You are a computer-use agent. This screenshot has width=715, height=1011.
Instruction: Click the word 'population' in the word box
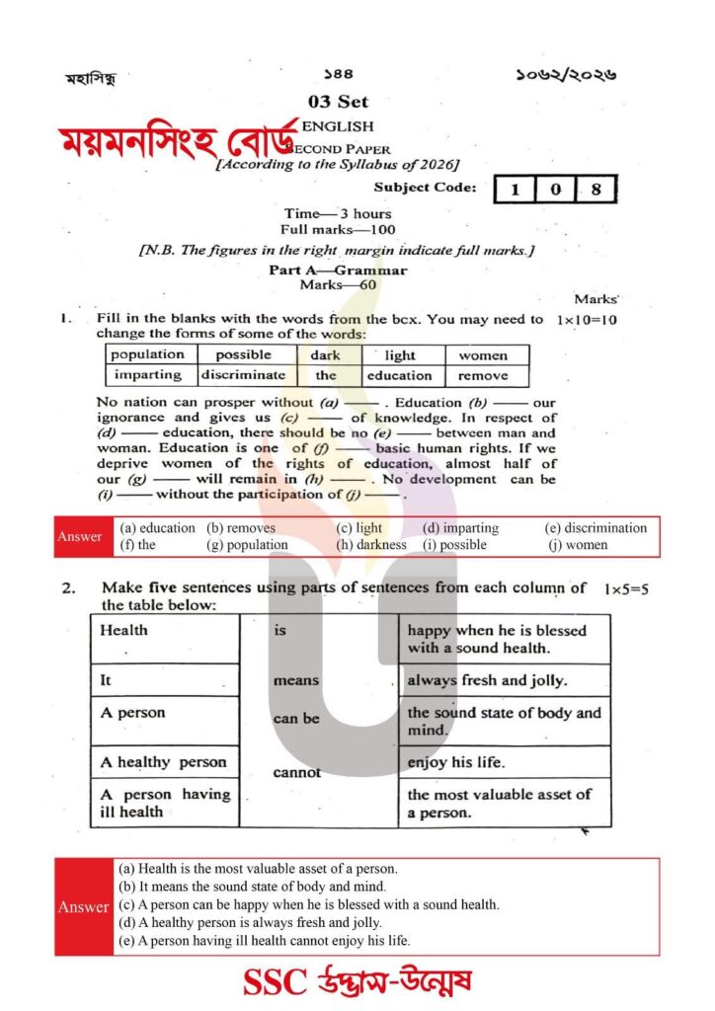point(147,354)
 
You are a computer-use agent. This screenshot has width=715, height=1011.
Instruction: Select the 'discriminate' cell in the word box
point(243,375)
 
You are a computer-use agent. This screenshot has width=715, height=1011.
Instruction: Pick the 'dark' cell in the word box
point(325,354)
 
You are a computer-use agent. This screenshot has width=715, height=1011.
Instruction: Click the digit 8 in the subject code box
point(594,189)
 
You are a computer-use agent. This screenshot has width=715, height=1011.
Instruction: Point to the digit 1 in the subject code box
point(516,189)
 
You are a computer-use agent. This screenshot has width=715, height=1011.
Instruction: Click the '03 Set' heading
point(338,102)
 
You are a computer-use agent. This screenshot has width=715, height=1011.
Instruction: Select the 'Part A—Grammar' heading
point(338,270)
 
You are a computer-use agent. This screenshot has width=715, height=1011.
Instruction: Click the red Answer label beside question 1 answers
point(80,536)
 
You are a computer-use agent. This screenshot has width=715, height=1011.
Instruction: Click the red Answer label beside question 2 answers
point(84,906)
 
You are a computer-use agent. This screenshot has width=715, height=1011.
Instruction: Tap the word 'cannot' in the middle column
point(296,772)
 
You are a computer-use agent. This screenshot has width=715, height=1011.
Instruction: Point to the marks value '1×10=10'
point(587,320)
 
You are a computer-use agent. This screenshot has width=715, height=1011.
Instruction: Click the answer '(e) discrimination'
point(596,528)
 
